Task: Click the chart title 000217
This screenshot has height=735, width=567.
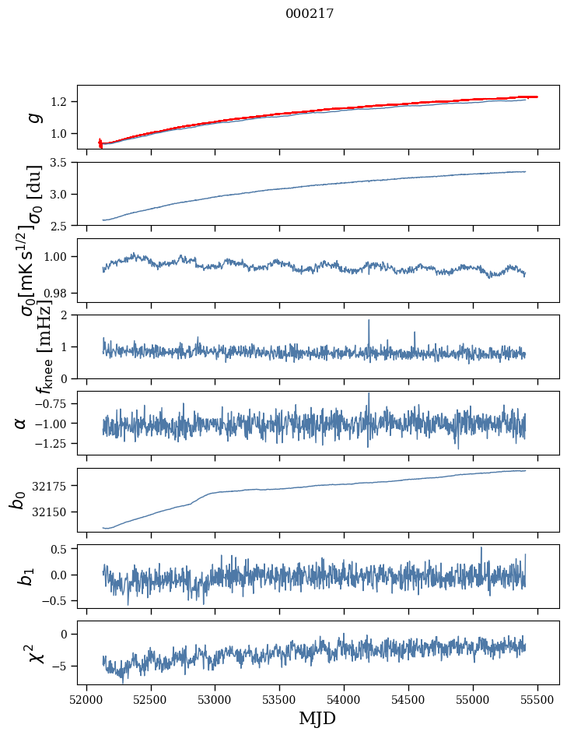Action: coord(310,13)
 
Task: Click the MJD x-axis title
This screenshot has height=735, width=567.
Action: coord(317,718)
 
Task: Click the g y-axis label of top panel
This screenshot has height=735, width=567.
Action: coord(33,117)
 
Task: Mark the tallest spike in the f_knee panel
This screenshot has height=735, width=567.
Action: coord(369,321)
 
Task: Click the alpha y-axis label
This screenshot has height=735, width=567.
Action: coord(20,423)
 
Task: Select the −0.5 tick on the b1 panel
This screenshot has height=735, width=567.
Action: coord(56,601)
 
